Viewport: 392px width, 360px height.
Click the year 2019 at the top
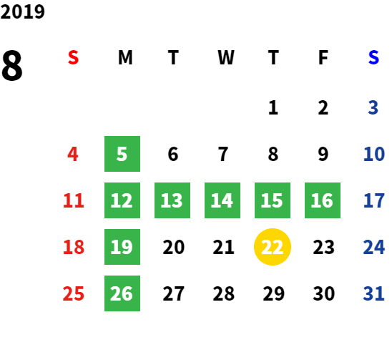tap(22, 11)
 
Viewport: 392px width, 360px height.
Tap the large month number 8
tap(12, 66)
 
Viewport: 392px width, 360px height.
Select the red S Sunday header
tap(73, 57)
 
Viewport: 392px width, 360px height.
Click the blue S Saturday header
tap(373, 57)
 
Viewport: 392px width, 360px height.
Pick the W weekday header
tap(226, 57)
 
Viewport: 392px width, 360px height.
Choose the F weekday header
tap(323, 57)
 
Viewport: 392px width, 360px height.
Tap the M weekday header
tap(125, 57)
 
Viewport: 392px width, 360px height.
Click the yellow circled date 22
tap(273, 247)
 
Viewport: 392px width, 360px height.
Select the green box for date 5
tap(122, 154)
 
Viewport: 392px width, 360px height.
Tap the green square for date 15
tap(273, 200)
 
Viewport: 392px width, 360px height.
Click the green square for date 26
tap(122, 293)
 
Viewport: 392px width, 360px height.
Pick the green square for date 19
tap(122, 247)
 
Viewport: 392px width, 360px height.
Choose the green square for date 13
tap(172, 200)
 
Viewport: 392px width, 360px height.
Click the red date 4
tap(73, 154)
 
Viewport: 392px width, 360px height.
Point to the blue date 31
tap(373, 293)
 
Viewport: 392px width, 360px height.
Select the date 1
tap(273, 107)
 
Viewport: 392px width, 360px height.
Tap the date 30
tap(324, 293)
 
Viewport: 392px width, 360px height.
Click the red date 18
tap(74, 247)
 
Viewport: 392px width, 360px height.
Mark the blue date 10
tap(374, 154)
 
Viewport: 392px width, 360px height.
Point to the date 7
tap(223, 154)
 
